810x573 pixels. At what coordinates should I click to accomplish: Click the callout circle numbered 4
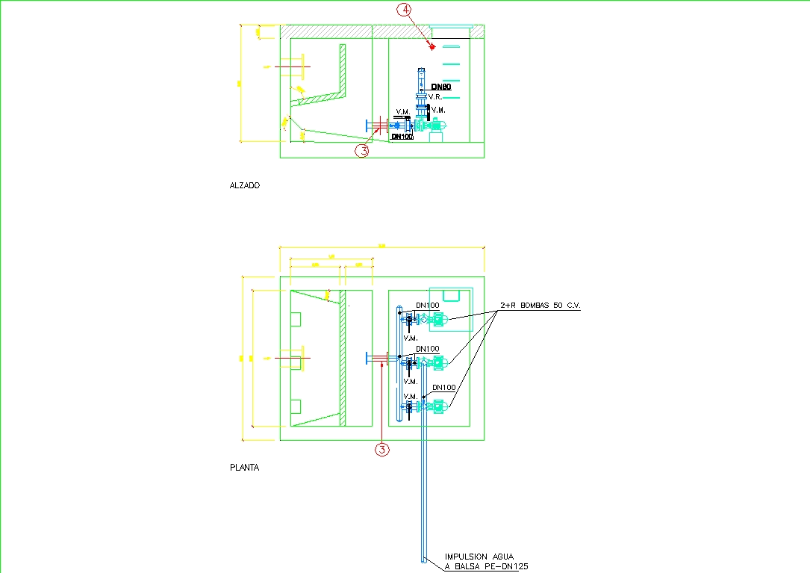[x=404, y=10]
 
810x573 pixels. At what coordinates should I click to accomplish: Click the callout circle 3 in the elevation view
[x=362, y=150]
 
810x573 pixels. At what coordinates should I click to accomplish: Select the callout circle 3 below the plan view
[x=381, y=450]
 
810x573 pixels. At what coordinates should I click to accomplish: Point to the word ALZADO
[x=245, y=185]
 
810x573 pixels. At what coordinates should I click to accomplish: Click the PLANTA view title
[x=245, y=468]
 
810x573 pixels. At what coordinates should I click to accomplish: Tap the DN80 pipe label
[x=440, y=87]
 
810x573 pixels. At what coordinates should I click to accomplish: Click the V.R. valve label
[x=436, y=97]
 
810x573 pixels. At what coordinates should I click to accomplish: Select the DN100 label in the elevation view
[x=402, y=137]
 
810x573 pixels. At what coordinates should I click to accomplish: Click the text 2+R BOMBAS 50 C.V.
[x=540, y=306]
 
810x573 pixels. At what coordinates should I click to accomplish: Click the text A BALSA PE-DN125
[x=486, y=567]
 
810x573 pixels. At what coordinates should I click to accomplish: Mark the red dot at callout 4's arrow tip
[x=432, y=46]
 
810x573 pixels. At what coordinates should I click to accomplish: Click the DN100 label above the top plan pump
[x=427, y=305]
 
